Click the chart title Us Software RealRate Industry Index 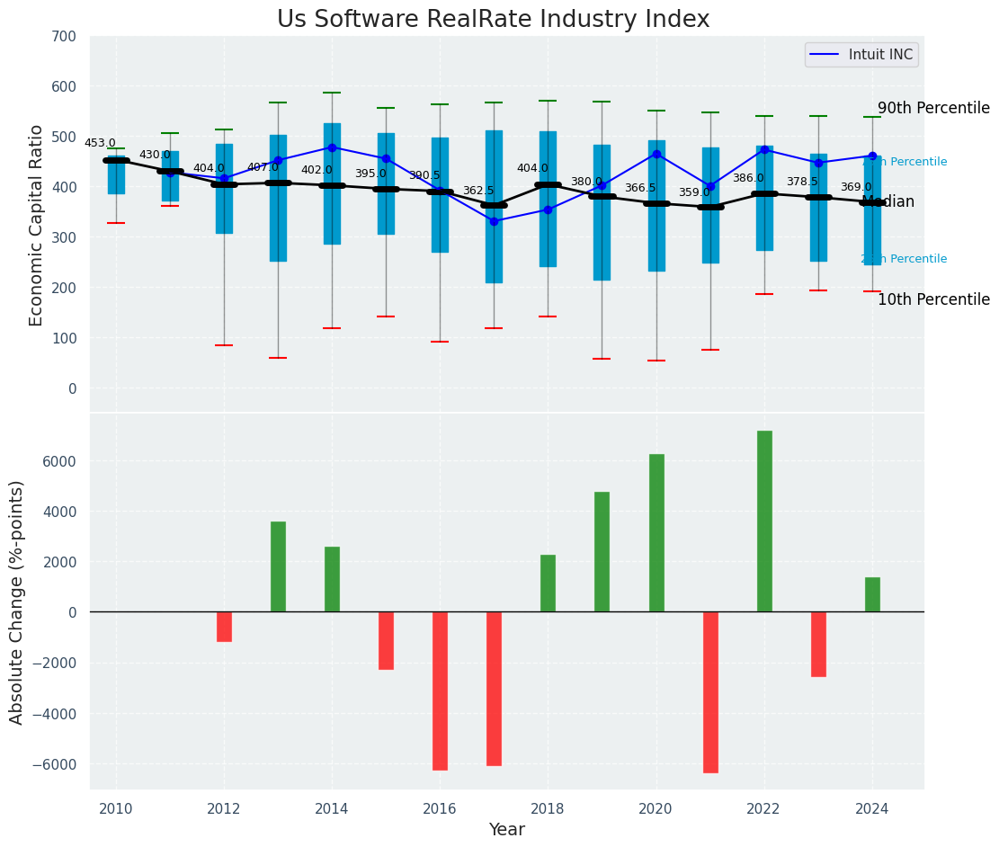(x=493, y=20)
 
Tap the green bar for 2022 (x=764, y=522)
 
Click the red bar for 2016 (x=440, y=691)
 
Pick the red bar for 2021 (x=710, y=692)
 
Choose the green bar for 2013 (x=278, y=566)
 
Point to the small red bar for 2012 (x=224, y=627)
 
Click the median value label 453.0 (x=100, y=143)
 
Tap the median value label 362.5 (x=478, y=191)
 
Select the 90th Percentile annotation (x=933, y=108)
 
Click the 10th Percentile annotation (x=933, y=299)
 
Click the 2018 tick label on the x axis (x=548, y=809)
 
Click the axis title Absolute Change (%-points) (x=17, y=602)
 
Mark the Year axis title (x=507, y=829)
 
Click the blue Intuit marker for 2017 (x=494, y=221)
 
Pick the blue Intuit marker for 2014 (x=332, y=147)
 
